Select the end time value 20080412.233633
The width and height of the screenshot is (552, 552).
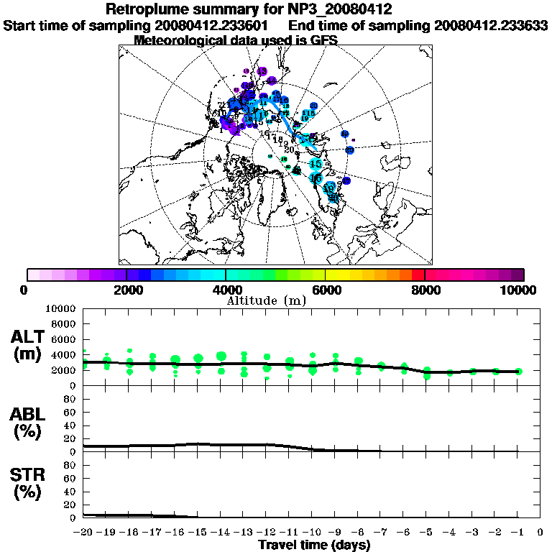pyautogui.click(x=491, y=25)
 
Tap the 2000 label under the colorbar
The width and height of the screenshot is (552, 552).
pyautogui.click(x=126, y=290)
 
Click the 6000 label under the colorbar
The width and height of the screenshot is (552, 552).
pyautogui.click(x=325, y=290)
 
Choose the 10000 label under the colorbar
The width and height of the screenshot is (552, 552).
pyautogui.click(x=518, y=290)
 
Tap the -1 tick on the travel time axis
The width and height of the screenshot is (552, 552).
pyautogui.click(x=516, y=532)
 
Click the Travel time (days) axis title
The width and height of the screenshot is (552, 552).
pyautogui.click(x=314, y=545)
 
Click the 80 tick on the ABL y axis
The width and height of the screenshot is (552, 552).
pyautogui.click(x=70, y=397)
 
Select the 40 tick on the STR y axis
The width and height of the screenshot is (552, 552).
pyautogui.click(x=70, y=491)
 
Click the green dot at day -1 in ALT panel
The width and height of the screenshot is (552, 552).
pyautogui.click(x=518, y=372)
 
